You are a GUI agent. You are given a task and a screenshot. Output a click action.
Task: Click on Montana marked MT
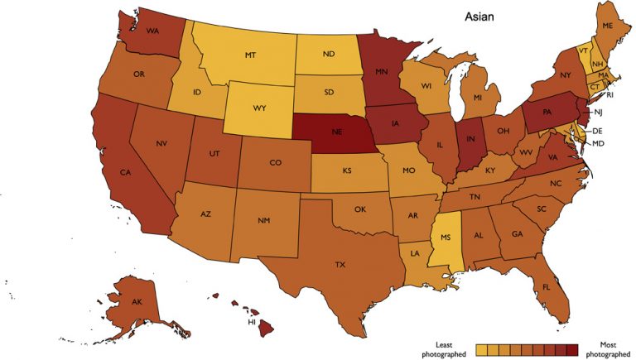(250, 55)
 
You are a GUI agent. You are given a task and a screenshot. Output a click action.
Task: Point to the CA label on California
(127, 172)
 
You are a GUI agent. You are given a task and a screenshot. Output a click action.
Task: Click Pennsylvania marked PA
(548, 110)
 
